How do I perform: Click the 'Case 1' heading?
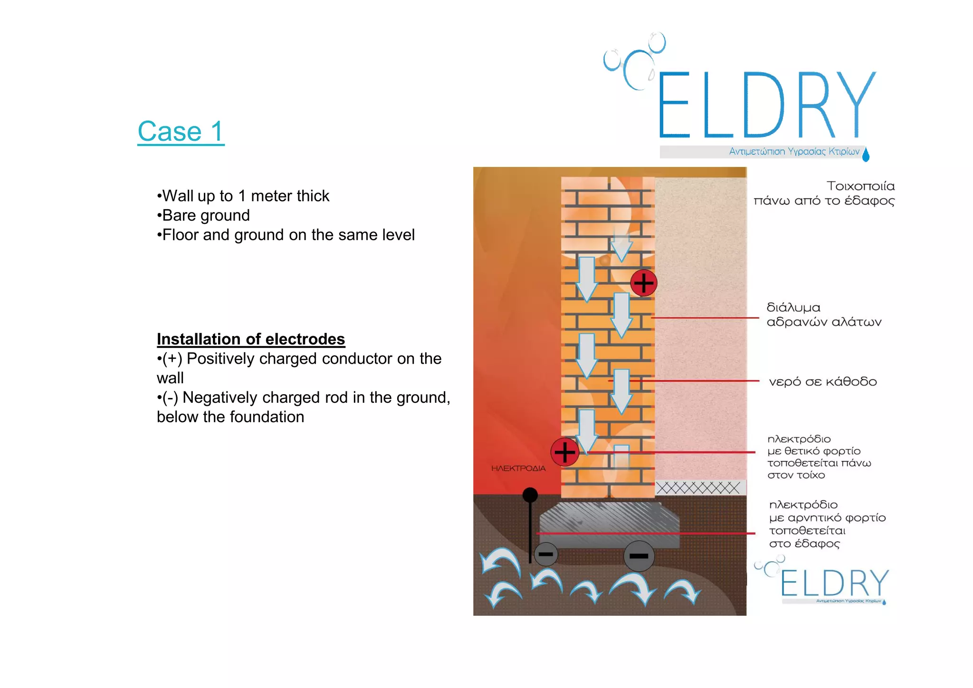pyautogui.click(x=181, y=132)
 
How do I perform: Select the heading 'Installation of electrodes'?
pyautogui.click(x=251, y=339)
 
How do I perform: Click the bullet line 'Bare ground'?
pyautogui.click(x=205, y=215)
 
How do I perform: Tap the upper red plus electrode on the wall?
pyautogui.click(x=644, y=283)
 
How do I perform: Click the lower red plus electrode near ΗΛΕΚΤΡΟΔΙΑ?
pyautogui.click(x=564, y=452)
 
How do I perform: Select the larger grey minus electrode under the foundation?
pyautogui.click(x=639, y=556)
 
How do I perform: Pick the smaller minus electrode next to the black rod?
pyautogui.click(x=546, y=554)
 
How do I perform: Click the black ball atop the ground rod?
pyautogui.click(x=530, y=495)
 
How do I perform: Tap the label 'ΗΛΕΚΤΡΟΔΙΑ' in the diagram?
pyautogui.click(x=518, y=468)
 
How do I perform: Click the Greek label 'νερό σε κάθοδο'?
pyautogui.click(x=823, y=382)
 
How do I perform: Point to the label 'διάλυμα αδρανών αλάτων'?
pyautogui.click(x=824, y=315)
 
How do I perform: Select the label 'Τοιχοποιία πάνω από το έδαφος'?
pyautogui.click(x=824, y=193)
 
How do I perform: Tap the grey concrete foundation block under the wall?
pyautogui.click(x=610, y=523)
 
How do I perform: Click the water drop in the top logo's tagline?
pyautogui.click(x=866, y=155)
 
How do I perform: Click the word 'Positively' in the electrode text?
pyautogui.click(x=220, y=359)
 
